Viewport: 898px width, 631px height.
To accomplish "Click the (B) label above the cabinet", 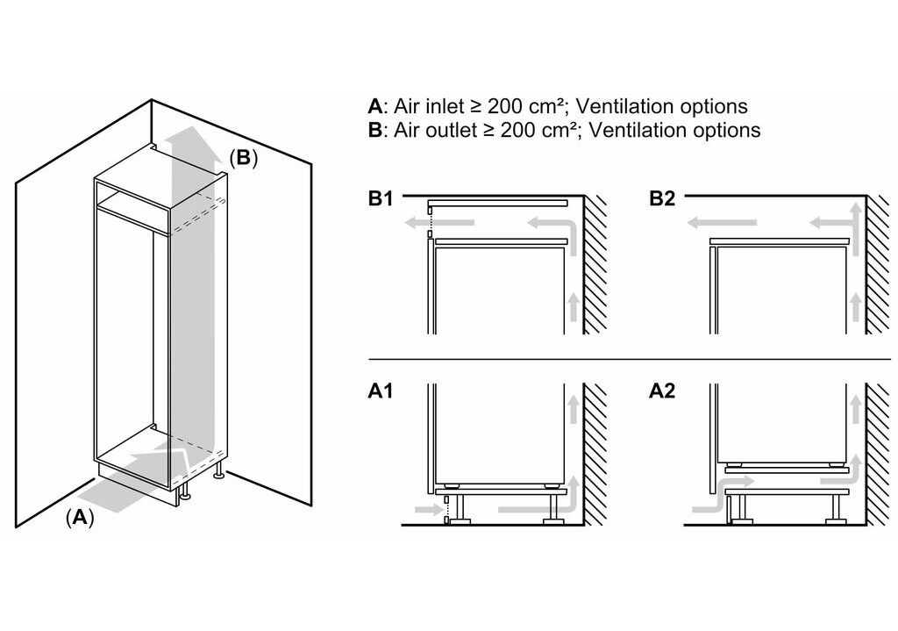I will [243, 158].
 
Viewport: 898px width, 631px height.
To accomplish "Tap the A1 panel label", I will [380, 391].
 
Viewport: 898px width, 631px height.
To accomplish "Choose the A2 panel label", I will [662, 391].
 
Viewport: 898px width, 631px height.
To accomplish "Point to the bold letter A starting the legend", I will [374, 107].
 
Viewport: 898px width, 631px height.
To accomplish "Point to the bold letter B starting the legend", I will [374, 131].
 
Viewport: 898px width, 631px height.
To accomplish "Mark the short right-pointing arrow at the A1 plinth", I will [426, 509].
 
